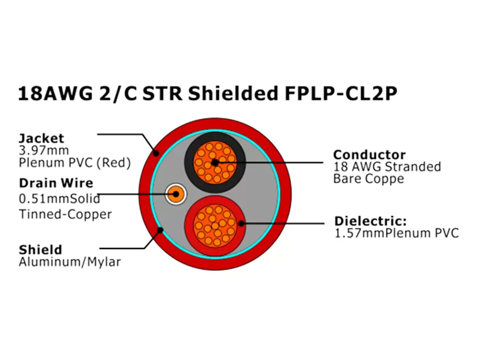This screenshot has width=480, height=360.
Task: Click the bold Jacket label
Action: point(42,138)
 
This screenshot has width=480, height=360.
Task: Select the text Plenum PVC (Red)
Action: point(75,163)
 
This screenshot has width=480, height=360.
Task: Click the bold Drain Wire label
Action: point(56,183)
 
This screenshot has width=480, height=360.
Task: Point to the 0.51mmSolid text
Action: point(59,199)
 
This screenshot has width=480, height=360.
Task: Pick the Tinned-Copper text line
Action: point(65,214)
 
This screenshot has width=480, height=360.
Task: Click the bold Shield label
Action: point(41,250)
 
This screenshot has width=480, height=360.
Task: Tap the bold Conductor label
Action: point(369,154)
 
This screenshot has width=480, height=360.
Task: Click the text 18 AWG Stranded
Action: point(387,167)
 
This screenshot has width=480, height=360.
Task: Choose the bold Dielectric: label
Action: point(370,221)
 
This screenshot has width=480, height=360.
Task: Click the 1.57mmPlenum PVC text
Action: point(397,233)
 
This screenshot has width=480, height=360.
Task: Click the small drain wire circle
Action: point(175,194)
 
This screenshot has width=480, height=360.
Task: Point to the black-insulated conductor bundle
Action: point(214,161)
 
